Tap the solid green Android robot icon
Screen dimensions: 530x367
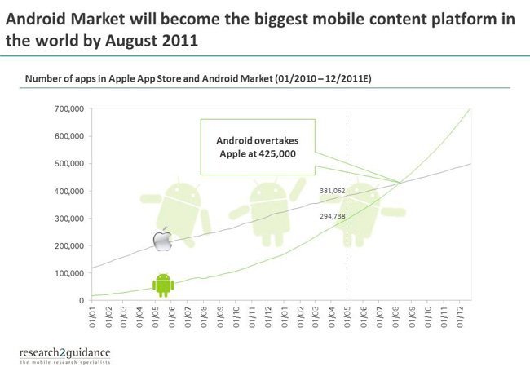pyautogui.click(x=163, y=285)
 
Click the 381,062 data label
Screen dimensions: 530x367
pyautogui.click(x=333, y=191)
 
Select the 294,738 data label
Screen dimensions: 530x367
pyautogui.click(x=333, y=216)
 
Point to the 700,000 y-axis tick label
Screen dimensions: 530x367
pyautogui.click(x=69, y=108)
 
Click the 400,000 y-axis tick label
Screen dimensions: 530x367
pyautogui.click(x=69, y=192)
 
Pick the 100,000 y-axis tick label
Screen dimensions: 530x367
pyautogui.click(x=69, y=273)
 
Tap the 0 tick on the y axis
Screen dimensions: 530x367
pyautogui.click(x=82, y=300)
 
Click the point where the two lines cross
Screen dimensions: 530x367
pyautogui.click(x=400, y=183)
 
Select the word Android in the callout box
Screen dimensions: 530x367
pyautogui.click(x=233, y=140)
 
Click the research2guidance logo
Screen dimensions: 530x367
pyautogui.click(x=65, y=353)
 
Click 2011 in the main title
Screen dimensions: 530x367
pyautogui.click(x=180, y=41)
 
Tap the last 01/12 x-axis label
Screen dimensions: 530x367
pyautogui.click(x=460, y=317)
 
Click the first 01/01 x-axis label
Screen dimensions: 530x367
pyautogui.click(x=92, y=317)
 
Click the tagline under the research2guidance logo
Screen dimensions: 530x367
pyautogui.click(x=65, y=363)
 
